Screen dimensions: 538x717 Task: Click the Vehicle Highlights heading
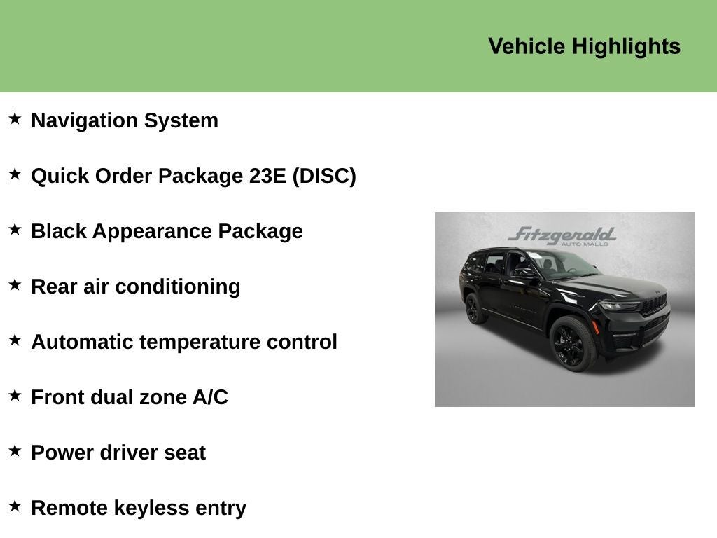pos(584,46)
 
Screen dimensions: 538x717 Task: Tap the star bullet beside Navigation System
pos(15,118)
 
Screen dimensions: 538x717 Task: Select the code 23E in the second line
pos(267,176)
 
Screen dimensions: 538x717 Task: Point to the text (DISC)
pos(324,176)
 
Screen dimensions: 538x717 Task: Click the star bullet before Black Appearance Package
pos(15,229)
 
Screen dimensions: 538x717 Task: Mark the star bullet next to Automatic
pos(15,340)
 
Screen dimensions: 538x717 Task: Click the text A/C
pos(210,397)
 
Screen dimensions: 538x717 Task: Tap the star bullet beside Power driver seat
pos(15,450)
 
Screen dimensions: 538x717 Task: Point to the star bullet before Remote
pos(15,506)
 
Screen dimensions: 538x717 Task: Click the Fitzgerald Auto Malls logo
pos(562,236)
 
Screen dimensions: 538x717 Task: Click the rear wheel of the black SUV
pos(475,309)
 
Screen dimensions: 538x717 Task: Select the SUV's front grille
pos(655,304)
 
